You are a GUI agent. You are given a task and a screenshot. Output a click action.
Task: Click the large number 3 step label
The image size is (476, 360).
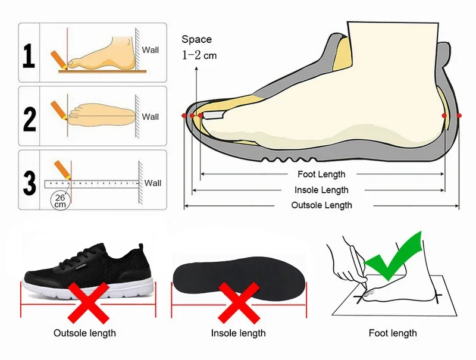(29, 181)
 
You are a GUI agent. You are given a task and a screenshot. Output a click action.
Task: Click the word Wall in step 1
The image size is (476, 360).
(151, 50)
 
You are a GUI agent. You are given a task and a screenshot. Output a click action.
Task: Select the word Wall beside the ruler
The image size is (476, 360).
(153, 183)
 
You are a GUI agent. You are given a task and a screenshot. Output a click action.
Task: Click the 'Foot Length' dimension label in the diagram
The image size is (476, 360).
(321, 174)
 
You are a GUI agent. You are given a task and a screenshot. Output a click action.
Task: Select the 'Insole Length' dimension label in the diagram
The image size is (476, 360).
(321, 190)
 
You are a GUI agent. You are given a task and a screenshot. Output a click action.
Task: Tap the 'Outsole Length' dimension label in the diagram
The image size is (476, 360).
(321, 205)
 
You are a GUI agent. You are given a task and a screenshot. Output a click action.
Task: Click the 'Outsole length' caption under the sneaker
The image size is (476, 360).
(84, 333)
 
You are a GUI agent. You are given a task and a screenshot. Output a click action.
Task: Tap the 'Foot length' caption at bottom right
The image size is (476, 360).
(393, 333)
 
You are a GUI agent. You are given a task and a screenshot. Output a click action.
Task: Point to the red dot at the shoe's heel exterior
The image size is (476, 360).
(459, 115)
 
